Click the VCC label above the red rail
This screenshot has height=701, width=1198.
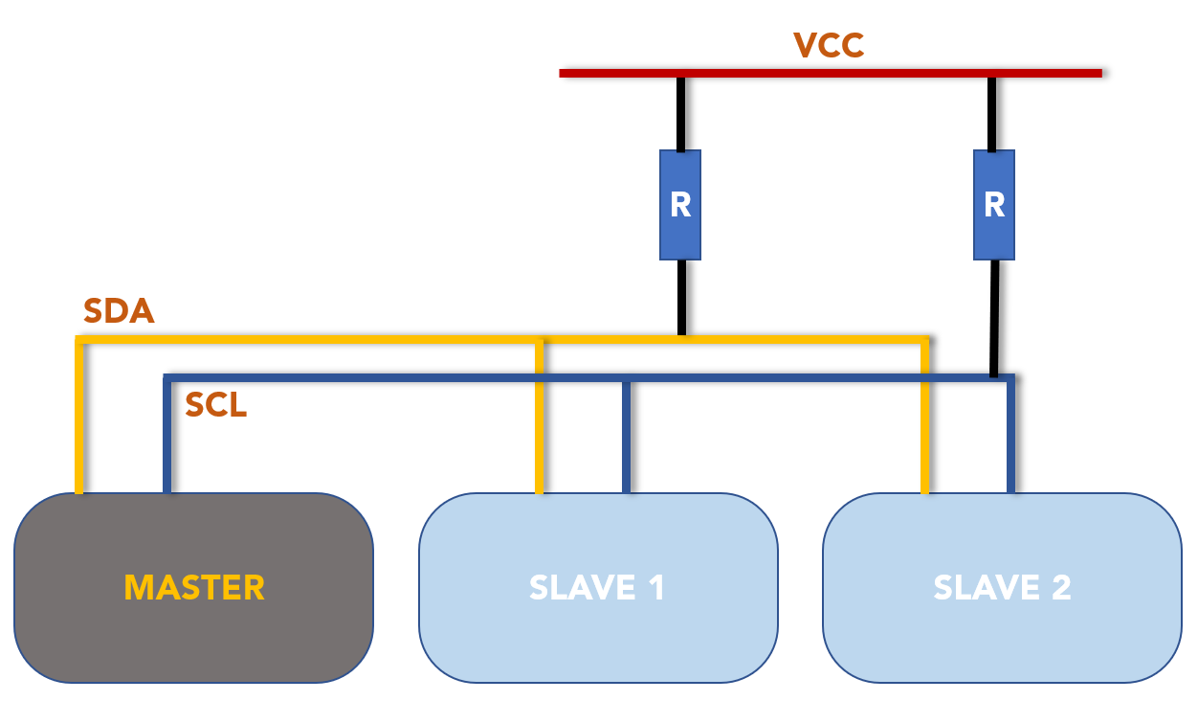click(x=829, y=45)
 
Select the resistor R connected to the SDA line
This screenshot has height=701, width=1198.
click(x=680, y=205)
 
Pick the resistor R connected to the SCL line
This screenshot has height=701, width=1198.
click(x=994, y=205)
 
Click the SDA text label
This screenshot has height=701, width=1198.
click(x=119, y=311)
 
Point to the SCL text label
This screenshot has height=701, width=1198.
click(x=216, y=406)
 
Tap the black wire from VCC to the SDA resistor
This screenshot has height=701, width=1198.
click(x=680, y=113)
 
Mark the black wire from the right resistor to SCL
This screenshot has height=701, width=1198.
click(x=995, y=318)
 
